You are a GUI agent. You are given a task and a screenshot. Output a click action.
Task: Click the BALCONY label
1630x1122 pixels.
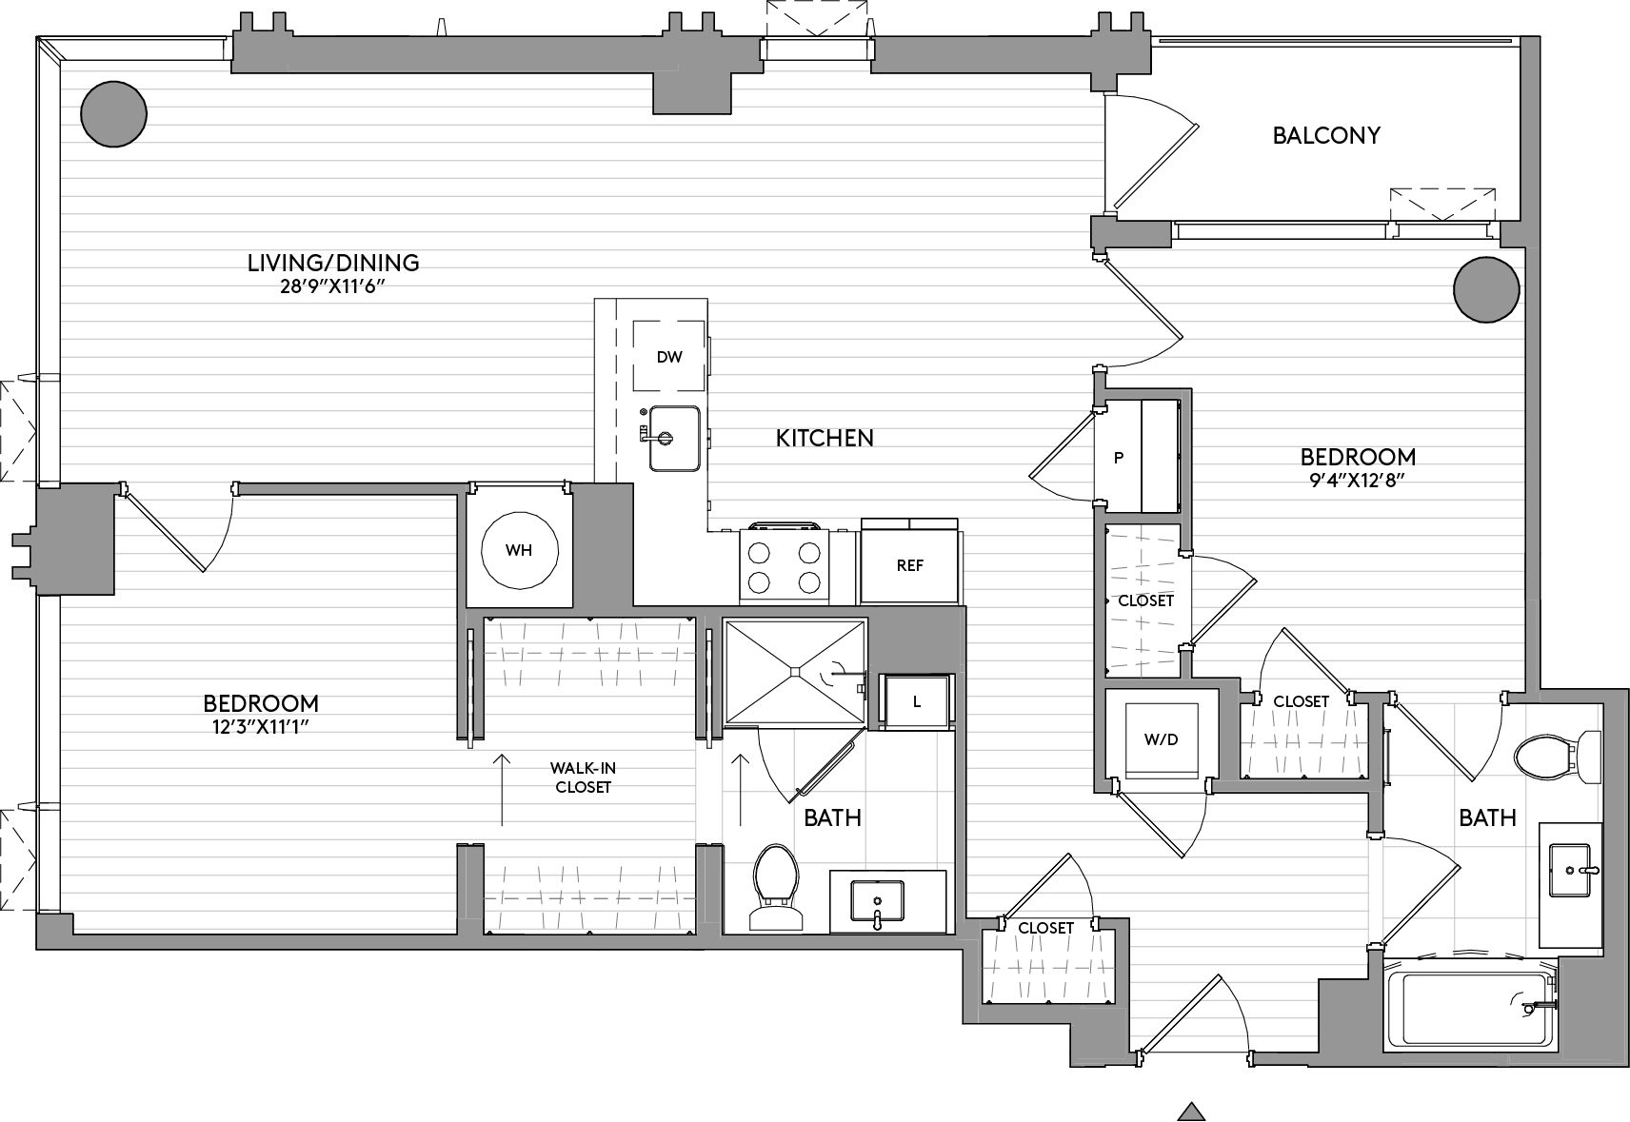pyautogui.click(x=1326, y=135)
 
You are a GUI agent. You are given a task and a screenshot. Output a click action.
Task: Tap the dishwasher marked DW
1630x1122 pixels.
pyautogui.click(x=669, y=356)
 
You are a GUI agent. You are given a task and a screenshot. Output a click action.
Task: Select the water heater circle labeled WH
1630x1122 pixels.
pyautogui.click(x=520, y=550)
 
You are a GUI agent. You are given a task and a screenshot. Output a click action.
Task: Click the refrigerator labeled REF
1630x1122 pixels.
pyautogui.click(x=909, y=565)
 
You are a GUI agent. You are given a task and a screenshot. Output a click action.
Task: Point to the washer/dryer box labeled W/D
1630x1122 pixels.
pyautogui.click(x=1161, y=739)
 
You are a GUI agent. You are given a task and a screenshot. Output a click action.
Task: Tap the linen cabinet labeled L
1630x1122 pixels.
pyautogui.click(x=916, y=701)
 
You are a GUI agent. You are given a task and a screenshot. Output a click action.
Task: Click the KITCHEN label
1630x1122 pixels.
pyautogui.click(x=825, y=438)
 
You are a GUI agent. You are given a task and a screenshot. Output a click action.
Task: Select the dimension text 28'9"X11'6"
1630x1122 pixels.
pyautogui.click(x=332, y=286)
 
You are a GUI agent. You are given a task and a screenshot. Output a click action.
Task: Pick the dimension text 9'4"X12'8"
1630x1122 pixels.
pyautogui.click(x=1357, y=481)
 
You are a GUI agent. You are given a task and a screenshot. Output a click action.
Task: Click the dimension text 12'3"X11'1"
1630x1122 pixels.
pyautogui.click(x=261, y=726)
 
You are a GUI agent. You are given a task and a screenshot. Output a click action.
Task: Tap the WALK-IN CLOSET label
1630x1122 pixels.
pyautogui.click(x=582, y=778)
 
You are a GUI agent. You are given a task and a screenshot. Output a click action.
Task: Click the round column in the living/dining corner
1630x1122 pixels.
pyautogui.click(x=113, y=113)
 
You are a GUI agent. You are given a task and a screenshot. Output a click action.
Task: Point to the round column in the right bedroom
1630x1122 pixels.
pyautogui.click(x=1486, y=289)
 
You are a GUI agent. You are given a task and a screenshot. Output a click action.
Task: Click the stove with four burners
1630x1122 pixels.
pyautogui.click(x=785, y=564)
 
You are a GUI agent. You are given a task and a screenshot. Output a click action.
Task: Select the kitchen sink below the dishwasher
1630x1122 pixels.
pyautogui.click(x=674, y=438)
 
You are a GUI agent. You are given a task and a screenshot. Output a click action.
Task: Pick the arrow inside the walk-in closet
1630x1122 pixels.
pyautogui.click(x=502, y=790)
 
